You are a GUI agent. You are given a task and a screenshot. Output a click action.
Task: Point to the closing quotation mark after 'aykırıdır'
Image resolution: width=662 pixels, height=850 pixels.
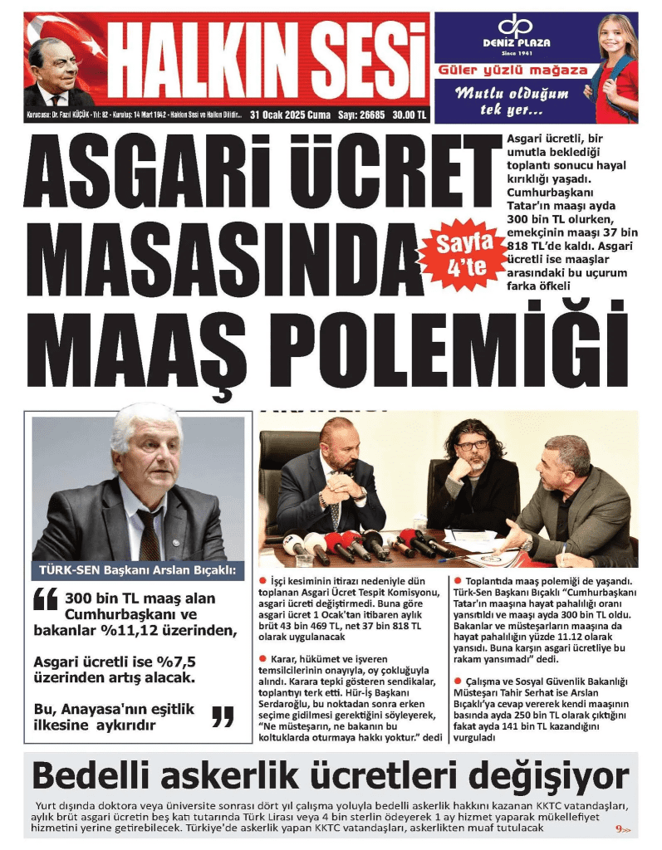[223, 716]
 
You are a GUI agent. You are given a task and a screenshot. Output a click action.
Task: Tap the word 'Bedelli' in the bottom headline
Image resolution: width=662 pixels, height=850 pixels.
[92, 777]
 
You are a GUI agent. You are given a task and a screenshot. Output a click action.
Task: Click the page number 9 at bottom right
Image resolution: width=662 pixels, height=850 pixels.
[619, 828]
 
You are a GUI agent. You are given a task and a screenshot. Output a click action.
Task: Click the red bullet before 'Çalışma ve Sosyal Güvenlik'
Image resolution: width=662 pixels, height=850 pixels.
[456, 681]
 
